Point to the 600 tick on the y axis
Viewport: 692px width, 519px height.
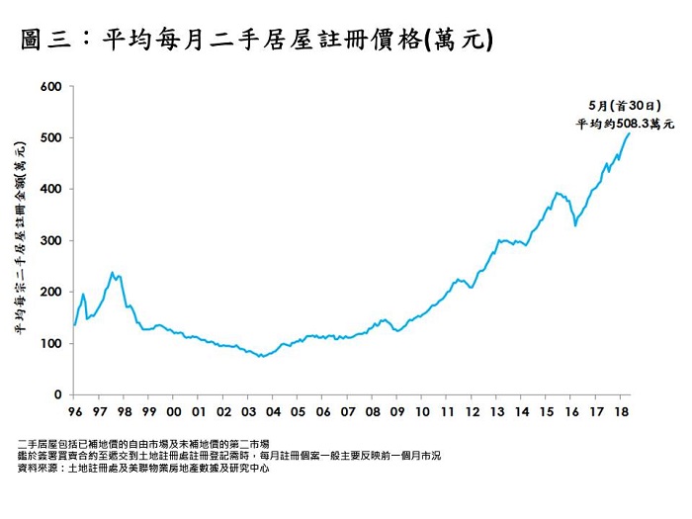[51, 87]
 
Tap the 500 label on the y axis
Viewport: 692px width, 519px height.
[51, 138]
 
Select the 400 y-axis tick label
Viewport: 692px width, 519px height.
[51, 189]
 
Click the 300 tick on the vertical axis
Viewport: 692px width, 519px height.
[51, 240]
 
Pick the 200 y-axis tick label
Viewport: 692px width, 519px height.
[51, 292]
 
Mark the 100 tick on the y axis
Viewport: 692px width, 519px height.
[51, 343]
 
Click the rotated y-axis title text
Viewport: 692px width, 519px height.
[20, 240]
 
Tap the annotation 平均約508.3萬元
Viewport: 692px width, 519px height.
[625, 124]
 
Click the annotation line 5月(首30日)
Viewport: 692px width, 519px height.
[625, 105]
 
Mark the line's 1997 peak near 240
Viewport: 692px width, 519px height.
[113, 272]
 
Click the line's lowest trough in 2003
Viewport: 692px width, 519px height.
[261, 356]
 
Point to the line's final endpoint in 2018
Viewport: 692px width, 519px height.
[630, 133]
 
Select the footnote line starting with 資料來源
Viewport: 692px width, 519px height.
[144, 469]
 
